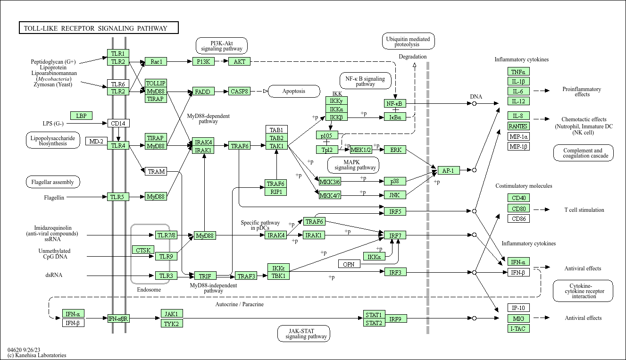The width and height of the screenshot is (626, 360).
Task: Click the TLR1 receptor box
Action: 118,53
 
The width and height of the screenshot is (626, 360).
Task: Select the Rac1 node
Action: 156,61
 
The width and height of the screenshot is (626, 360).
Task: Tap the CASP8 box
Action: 240,92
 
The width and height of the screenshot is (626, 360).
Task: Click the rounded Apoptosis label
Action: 293,91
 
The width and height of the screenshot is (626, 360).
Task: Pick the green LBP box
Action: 81,116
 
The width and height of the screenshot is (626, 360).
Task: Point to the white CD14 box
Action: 118,124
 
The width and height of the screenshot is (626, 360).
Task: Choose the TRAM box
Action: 156,171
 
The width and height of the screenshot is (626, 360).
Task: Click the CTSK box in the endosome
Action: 143,250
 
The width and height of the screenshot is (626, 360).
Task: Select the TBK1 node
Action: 278,276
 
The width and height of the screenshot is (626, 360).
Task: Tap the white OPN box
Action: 349,264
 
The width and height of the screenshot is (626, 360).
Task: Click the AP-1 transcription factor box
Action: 448,170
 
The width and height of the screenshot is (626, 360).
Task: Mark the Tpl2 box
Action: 327,150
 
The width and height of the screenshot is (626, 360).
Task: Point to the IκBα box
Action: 395,117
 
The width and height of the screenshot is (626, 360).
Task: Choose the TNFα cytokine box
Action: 518,72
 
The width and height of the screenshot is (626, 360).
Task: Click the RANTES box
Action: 518,126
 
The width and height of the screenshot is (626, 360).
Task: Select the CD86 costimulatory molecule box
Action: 518,218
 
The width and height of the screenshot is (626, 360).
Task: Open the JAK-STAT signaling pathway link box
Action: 303,334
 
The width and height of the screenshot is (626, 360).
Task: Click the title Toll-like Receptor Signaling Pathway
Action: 99,28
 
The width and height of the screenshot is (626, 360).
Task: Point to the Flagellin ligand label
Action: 54,197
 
